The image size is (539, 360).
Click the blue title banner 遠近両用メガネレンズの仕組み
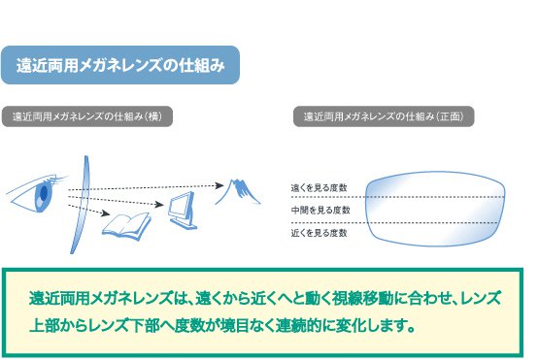click(120, 66)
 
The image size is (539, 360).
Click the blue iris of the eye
click(43, 194)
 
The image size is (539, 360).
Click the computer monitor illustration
click(182, 208)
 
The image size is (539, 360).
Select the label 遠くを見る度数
click(319, 187)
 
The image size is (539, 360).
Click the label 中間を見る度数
click(319, 211)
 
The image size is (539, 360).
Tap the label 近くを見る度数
click(319, 234)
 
